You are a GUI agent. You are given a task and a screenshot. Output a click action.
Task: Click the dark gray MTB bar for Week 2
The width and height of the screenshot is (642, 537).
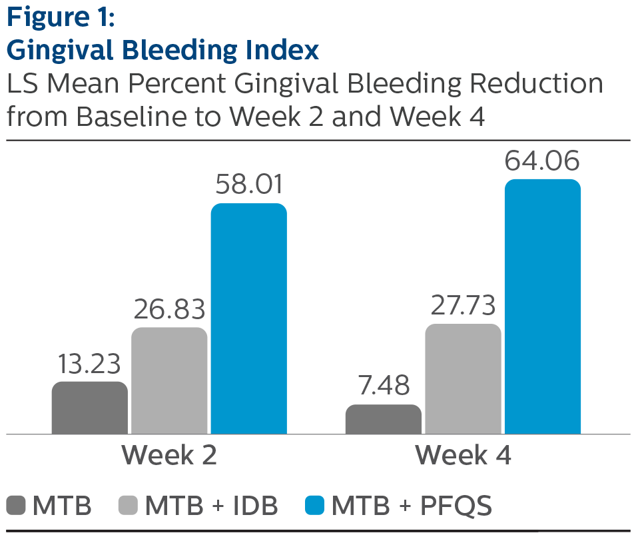pos(89,408)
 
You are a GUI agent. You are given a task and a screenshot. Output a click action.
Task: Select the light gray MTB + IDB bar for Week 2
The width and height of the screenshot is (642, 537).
pos(169,380)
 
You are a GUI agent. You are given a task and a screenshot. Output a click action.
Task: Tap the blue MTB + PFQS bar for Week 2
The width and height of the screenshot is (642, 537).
pos(248,318)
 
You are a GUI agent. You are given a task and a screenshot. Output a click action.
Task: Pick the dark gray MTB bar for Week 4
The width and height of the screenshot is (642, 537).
pos(383,419)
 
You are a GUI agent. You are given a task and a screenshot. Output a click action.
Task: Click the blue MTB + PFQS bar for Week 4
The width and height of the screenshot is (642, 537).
pos(542,306)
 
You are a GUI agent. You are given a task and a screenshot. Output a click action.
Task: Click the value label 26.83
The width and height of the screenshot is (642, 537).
pos(169,310)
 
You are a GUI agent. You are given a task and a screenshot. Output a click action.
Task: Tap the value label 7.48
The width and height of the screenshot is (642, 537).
pos(383,386)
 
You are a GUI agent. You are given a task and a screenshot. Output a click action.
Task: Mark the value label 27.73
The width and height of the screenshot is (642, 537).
pos(463,306)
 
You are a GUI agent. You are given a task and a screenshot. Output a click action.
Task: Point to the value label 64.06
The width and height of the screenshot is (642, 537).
pos(542,161)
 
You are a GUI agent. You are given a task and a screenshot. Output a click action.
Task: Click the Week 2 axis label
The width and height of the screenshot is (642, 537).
pos(169,456)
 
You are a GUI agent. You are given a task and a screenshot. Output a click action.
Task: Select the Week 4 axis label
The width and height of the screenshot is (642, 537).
pos(463,456)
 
